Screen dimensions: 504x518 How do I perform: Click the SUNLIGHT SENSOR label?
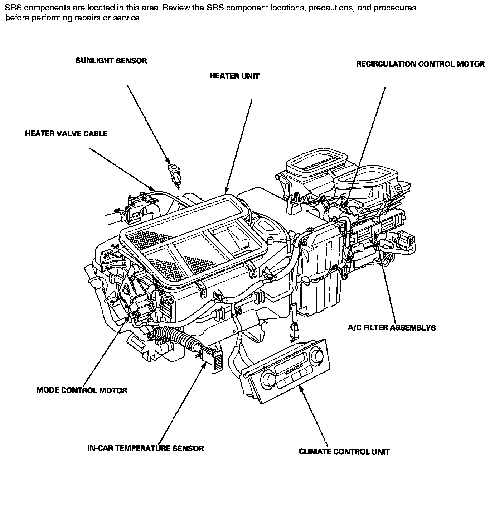point(111,61)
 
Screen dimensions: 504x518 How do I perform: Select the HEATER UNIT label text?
point(234,76)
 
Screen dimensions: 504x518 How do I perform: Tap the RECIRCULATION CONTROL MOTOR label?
point(420,64)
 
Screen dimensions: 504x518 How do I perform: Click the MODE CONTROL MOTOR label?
point(82,390)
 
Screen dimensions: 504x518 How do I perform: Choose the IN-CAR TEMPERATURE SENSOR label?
point(145,448)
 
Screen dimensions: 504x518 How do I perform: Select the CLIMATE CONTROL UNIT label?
point(344,451)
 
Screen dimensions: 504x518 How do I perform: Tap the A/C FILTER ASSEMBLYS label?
point(392,327)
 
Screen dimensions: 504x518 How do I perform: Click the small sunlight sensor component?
point(174,174)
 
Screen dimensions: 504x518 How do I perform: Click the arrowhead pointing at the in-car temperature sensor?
point(205,365)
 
